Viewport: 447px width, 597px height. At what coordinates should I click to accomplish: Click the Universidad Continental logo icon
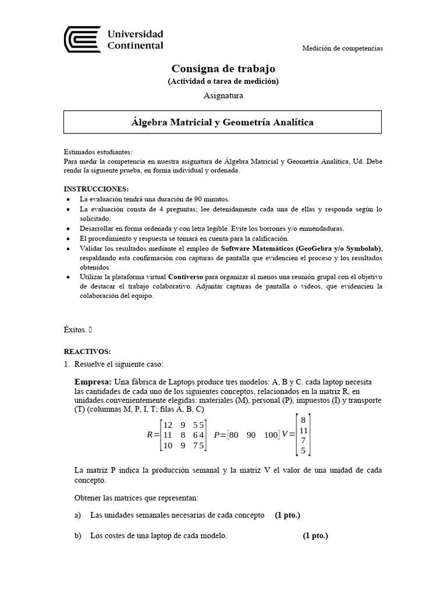pyautogui.click(x=82, y=39)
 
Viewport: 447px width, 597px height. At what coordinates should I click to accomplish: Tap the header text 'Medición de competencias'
pyautogui.click(x=342, y=48)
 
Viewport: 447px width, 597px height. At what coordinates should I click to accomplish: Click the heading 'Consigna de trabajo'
pyautogui.click(x=223, y=69)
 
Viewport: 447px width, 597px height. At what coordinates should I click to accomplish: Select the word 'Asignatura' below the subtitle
pyautogui.click(x=223, y=94)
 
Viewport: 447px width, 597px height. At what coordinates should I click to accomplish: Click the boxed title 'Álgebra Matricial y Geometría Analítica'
pyautogui.click(x=222, y=122)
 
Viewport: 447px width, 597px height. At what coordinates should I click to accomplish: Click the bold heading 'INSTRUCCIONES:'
pyautogui.click(x=96, y=189)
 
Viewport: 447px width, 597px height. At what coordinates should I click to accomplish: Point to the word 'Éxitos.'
pyautogui.click(x=75, y=329)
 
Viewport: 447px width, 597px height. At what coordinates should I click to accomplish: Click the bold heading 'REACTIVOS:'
pyautogui.click(x=86, y=352)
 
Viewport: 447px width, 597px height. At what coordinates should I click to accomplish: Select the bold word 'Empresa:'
pyautogui.click(x=93, y=381)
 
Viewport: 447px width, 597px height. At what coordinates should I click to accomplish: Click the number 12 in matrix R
pyautogui.click(x=169, y=424)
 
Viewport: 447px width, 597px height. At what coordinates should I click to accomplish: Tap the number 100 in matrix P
pyautogui.click(x=271, y=435)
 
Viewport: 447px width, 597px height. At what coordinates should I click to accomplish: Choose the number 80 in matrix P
pyautogui.click(x=235, y=435)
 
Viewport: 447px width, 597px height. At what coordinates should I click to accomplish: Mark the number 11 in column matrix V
pyautogui.click(x=303, y=430)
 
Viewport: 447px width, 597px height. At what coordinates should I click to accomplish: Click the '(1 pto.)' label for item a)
pyautogui.click(x=288, y=515)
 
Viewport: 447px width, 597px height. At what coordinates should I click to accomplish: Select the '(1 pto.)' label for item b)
pyautogui.click(x=315, y=536)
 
